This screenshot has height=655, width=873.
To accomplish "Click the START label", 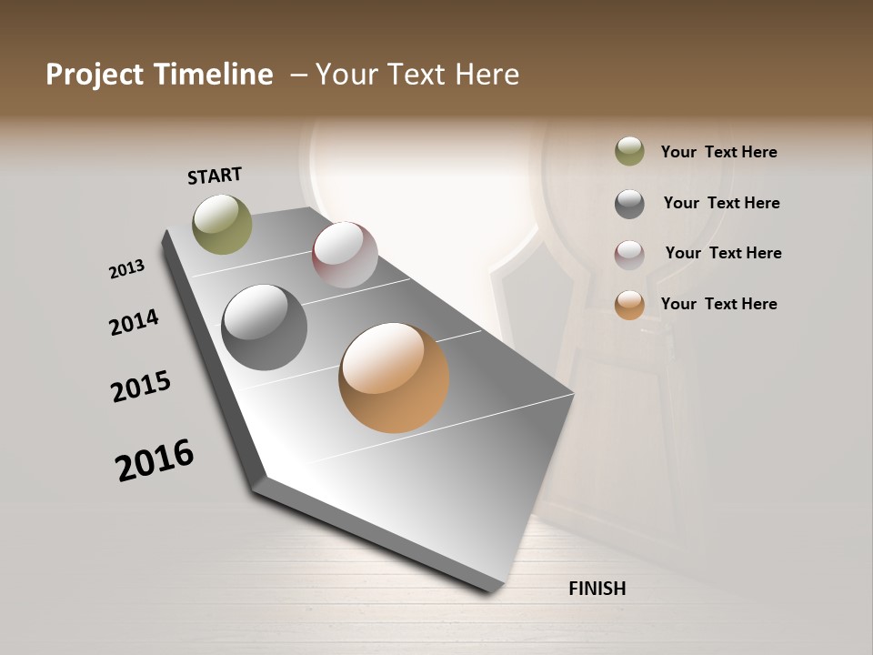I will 215,176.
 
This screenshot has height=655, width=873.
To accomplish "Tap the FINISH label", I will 597,589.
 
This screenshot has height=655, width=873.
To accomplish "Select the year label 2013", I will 126,269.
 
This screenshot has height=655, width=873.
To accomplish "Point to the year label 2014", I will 134,322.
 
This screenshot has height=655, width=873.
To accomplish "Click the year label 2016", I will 155,460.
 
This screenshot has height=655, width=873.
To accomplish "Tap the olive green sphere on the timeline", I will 222,224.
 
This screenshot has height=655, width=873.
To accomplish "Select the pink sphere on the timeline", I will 345,255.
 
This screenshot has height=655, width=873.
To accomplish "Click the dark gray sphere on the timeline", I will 264,327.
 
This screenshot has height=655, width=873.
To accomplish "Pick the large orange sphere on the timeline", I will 394,378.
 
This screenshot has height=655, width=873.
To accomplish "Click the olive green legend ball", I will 629,152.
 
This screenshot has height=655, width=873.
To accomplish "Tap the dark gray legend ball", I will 629,204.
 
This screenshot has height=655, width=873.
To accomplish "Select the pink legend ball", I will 629,255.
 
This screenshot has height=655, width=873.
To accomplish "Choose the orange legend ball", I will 629,305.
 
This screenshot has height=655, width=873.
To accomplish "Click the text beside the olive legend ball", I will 718,153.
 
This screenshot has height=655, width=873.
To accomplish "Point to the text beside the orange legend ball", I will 718,304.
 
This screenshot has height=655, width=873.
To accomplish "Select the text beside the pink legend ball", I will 723,253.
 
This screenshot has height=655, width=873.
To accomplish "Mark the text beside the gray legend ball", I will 721,203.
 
